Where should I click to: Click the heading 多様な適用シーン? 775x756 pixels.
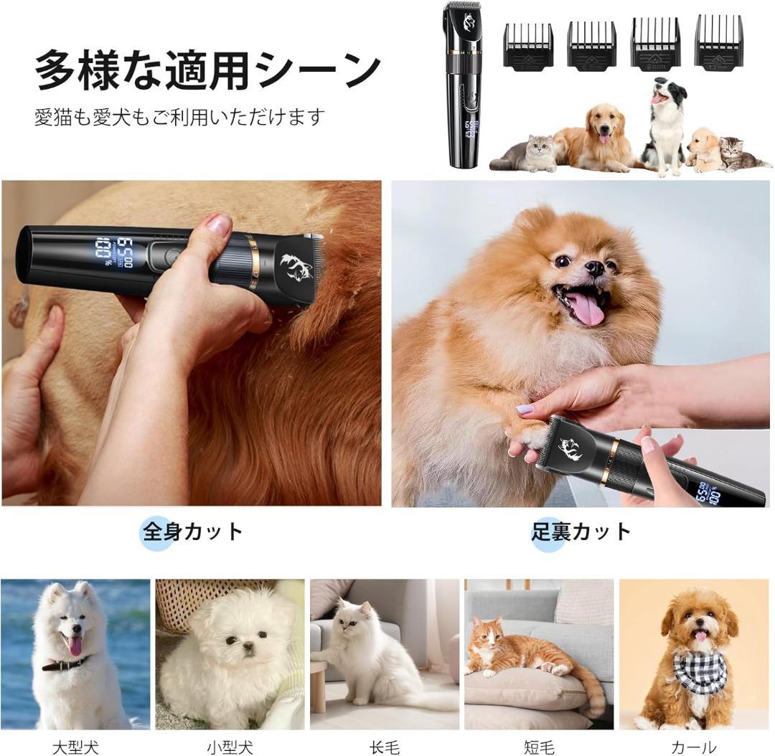click(x=207, y=71)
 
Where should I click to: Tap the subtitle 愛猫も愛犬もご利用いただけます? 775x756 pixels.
click(x=180, y=118)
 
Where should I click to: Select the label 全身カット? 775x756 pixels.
click(x=192, y=531)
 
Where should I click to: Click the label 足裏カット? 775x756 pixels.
click(x=581, y=531)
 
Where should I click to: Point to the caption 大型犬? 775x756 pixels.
click(x=75, y=747)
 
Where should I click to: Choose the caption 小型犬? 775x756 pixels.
click(x=230, y=747)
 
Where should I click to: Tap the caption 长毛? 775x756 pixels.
click(x=385, y=747)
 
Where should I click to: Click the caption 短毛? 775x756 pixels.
click(x=539, y=747)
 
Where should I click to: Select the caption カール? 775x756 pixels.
click(x=693, y=747)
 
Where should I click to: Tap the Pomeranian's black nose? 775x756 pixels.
click(x=596, y=267)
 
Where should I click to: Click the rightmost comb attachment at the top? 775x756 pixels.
click(x=719, y=40)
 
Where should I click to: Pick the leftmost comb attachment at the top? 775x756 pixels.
click(x=528, y=45)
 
